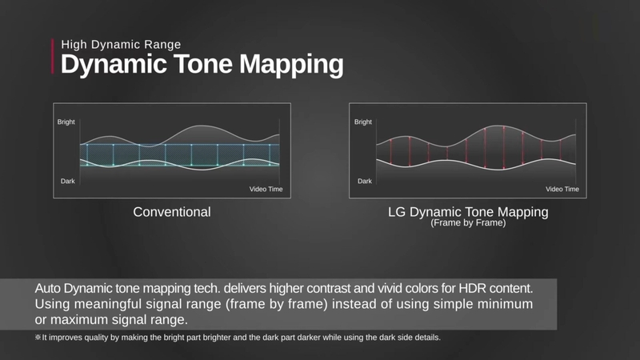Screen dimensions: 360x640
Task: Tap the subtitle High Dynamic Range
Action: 121,44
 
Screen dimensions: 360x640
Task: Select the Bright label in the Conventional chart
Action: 66,122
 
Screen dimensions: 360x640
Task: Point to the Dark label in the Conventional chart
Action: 67,182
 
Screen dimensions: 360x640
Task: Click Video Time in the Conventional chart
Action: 264,190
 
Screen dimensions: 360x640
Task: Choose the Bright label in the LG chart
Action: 362,122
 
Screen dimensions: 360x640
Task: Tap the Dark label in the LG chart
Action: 363,182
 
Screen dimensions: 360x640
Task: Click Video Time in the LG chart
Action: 562,190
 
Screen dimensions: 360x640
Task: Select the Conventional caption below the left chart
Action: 172,212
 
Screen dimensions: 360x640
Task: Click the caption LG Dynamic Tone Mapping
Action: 468,212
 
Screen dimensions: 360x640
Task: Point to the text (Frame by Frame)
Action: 468,224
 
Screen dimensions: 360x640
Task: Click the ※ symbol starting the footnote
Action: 38,338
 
